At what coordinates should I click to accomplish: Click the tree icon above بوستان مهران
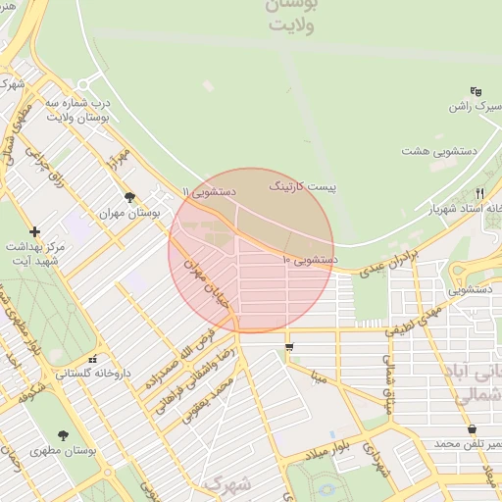tap(129, 197)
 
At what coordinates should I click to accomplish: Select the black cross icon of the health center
tap(35, 232)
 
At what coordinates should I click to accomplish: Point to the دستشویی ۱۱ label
tap(210, 191)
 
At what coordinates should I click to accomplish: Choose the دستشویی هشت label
tap(430, 151)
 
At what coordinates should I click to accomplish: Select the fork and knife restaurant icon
tap(479, 193)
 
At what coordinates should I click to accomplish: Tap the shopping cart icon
tap(289, 347)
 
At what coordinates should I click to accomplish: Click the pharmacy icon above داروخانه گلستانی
tap(93, 359)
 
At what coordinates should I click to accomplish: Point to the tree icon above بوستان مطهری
tap(64, 434)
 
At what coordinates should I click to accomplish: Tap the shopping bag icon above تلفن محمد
tap(472, 429)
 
